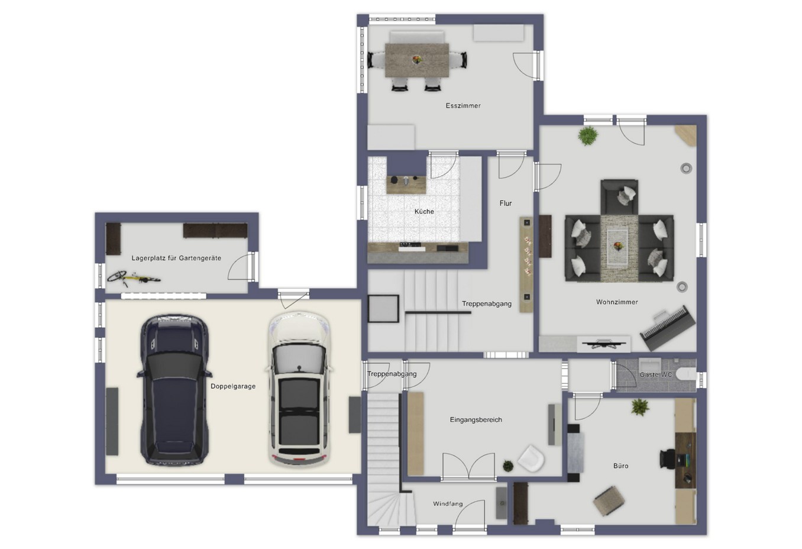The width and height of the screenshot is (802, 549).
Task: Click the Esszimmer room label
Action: [463, 106]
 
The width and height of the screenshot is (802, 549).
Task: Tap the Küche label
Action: [424, 212]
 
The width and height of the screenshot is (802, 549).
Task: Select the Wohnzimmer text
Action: [617, 302]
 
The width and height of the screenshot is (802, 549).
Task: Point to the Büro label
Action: [620, 466]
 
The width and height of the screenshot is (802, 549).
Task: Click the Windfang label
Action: [448, 504]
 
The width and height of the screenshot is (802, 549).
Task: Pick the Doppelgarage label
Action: [233, 386]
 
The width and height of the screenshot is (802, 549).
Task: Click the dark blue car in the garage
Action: [174, 390]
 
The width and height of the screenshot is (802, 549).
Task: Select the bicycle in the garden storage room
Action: [134, 278]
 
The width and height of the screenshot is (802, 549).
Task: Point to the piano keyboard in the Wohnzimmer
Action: [668, 327]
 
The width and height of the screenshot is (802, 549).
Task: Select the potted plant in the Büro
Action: [640, 407]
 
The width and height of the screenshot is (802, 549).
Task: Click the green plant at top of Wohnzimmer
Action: [588, 135]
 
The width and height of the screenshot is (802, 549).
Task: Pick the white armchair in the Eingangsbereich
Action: [531, 458]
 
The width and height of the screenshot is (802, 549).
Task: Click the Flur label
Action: [506, 204]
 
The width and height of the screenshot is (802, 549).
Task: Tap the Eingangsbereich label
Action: [476, 419]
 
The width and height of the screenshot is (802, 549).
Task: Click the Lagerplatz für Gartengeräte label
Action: [176, 258]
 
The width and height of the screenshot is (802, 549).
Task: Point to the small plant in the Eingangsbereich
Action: [508, 466]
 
